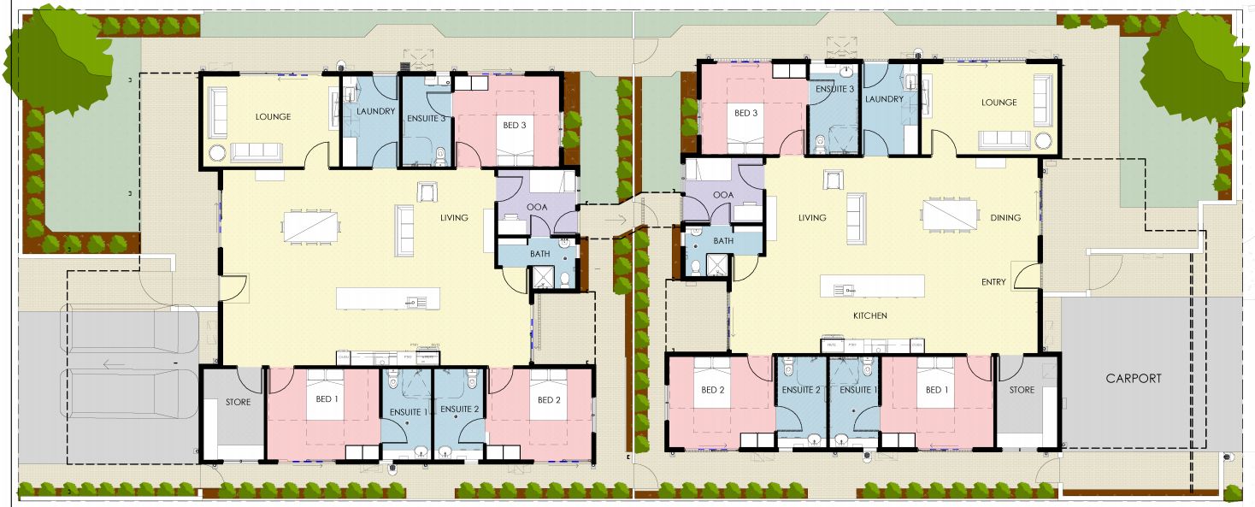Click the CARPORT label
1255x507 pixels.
click(x=1134, y=378)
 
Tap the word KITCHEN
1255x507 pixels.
click(x=869, y=316)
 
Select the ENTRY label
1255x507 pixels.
click(x=994, y=281)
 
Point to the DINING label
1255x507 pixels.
click(x=1005, y=218)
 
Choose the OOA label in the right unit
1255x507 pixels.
click(x=723, y=195)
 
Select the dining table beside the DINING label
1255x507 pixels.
click(x=950, y=215)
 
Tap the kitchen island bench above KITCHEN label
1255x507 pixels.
click(x=872, y=285)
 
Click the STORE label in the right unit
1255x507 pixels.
click(x=1021, y=390)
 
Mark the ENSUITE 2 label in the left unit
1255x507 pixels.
click(x=459, y=410)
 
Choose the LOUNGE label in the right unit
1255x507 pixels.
click(x=999, y=103)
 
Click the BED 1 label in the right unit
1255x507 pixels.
click(x=937, y=390)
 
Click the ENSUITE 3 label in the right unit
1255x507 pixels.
click(x=834, y=90)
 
